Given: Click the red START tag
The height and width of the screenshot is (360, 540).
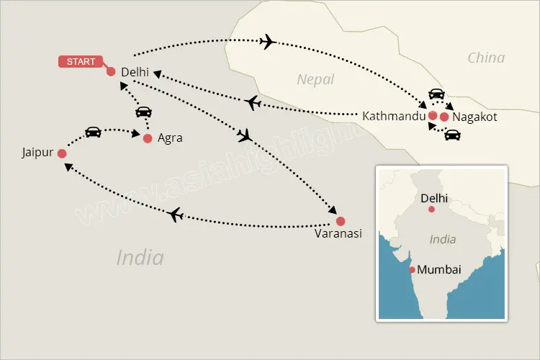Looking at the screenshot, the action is point(81,62).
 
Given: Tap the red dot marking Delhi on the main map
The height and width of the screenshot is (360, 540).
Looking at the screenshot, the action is point(111,71).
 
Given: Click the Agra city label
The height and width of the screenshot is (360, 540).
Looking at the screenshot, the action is point(170,138).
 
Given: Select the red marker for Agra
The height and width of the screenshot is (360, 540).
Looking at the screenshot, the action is point(148,138).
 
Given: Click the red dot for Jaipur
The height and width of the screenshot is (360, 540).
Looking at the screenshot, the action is point(62,153).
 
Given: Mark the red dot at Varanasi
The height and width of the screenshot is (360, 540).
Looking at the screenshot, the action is point(341,221).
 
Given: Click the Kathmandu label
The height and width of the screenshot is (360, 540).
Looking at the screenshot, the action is point(393,116).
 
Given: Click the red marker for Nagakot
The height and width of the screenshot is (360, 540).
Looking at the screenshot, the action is point(445,117).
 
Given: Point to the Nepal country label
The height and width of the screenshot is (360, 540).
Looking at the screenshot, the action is point(316,79).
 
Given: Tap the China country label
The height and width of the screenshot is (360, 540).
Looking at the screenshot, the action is point(486,58).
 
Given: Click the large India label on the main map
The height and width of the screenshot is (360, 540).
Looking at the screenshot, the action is point(140,258).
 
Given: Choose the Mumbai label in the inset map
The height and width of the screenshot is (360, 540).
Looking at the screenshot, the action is point(439,271).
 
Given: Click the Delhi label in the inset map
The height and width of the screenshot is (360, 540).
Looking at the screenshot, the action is point(434,196).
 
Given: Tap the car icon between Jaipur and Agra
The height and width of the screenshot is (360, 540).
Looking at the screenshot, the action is point(93,132).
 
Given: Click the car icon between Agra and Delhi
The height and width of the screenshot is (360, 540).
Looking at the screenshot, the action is point(143,112).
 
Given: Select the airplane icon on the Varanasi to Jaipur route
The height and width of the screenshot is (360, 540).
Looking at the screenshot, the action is point(174,214).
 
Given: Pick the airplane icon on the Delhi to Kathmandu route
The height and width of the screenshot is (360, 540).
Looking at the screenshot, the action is point(268,42).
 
